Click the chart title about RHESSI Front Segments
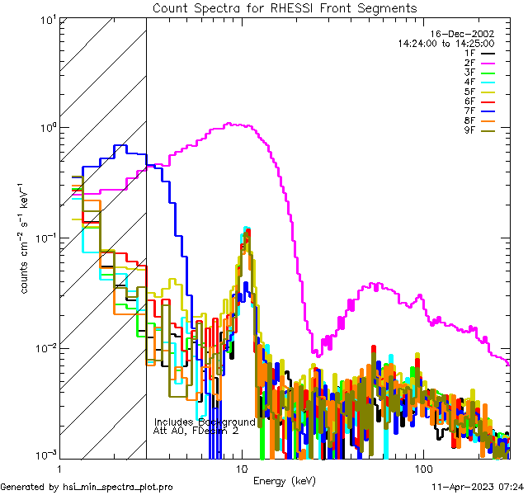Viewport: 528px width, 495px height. (285, 7)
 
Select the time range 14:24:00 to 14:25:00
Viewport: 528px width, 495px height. (445, 43)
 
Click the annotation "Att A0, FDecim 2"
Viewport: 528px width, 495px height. (196, 431)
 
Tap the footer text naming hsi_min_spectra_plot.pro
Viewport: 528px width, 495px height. (87, 488)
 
